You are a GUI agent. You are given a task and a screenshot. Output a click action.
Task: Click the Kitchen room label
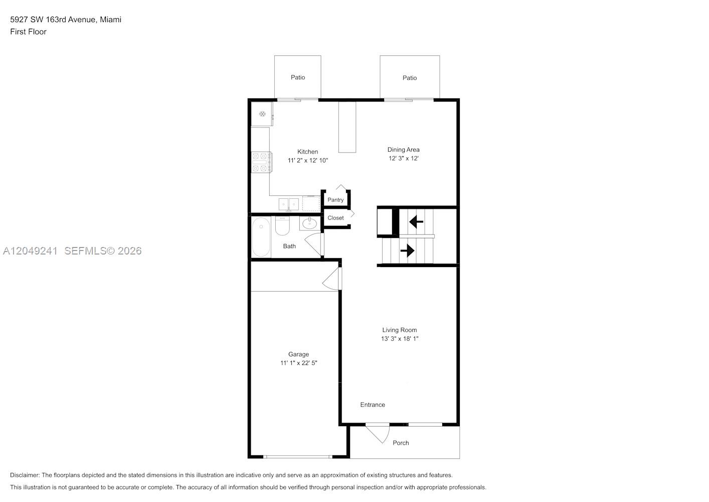click(x=307, y=152)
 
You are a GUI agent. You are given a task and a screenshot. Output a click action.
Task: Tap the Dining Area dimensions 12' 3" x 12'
click(x=404, y=158)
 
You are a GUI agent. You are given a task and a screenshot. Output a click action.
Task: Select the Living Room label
click(x=400, y=330)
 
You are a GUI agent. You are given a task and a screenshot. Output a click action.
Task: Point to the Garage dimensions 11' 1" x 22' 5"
click(x=298, y=363)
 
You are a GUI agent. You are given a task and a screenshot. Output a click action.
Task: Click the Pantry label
click(x=335, y=200)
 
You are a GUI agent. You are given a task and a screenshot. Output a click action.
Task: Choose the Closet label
click(x=335, y=218)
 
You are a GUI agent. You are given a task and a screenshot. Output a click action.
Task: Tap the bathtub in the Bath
click(x=261, y=237)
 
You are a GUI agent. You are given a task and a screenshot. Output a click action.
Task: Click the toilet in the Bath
click(x=282, y=225)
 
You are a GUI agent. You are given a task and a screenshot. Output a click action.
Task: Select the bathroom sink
click(x=309, y=223)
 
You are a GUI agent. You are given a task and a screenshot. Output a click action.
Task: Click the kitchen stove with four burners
click(x=261, y=162)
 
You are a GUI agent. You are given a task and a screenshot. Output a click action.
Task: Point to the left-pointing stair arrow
click(x=416, y=222)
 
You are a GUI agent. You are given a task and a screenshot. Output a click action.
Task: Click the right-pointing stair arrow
click(x=407, y=250)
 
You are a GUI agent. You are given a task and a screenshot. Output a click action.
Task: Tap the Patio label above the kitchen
click(x=298, y=77)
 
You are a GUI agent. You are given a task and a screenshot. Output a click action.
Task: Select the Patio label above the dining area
click(x=410, y=78)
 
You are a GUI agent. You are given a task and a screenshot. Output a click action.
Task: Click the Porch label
click(x=401, y=443)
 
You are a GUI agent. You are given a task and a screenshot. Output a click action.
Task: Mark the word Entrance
click(x=373, y=405)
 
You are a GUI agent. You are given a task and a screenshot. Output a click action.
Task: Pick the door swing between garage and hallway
click(x=332, y=279)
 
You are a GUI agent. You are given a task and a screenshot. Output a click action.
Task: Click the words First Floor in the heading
click(x=28, y=32)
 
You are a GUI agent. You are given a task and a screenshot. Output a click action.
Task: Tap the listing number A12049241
click(x=30, y=251)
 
